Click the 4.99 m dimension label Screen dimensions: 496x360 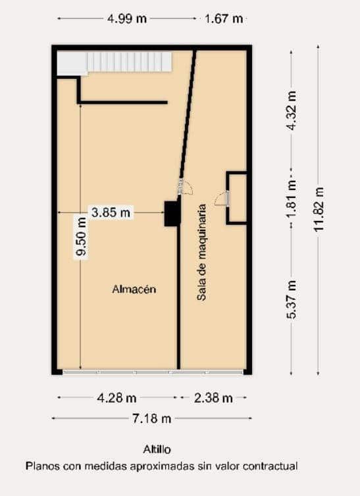(x=127, y=18)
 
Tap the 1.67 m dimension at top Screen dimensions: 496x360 (x=224, y=18)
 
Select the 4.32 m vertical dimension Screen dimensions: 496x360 (x=292, y=109)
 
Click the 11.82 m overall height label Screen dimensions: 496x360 (x=319, y=209)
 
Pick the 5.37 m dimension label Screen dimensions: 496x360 (x=292, y=299)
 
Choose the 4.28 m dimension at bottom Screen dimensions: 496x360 (x=116, y=398)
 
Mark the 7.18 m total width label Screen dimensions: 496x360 (x=151, y=418)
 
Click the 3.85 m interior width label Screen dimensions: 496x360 (x=111, y=212)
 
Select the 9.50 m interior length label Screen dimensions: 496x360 (x=80, y=244)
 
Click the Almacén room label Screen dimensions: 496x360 (x=134, y=289)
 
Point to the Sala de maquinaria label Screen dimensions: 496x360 (x=202, y=252)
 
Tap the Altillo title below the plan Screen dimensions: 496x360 (x=157, y=450)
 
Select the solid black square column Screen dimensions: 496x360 (x=172, y=213)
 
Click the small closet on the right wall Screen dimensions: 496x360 (x=238, y=197)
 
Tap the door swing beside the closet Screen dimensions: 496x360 (x=222, y=197)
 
